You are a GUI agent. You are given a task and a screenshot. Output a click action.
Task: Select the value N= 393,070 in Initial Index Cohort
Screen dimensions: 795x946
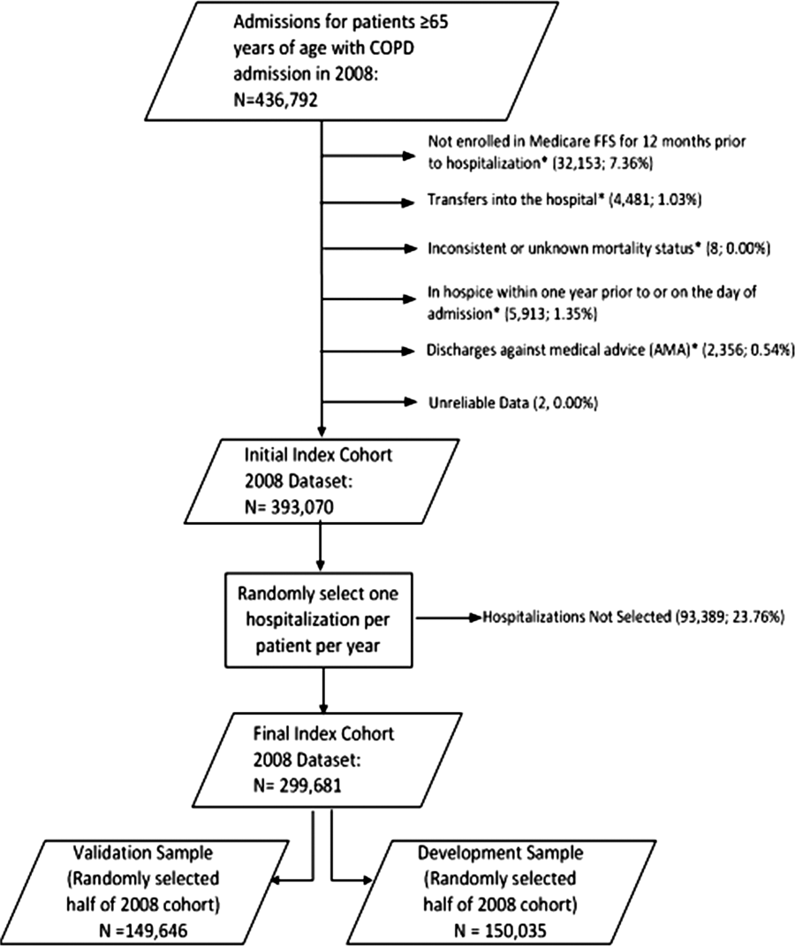[289, 507]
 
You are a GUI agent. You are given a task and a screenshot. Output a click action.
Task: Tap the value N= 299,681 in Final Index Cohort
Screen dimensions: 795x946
[298, 785]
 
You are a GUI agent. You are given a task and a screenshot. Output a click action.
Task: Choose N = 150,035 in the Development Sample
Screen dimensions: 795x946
[499, 931]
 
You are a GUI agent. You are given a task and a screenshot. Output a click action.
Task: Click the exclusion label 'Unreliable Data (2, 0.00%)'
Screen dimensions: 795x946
[512, 403]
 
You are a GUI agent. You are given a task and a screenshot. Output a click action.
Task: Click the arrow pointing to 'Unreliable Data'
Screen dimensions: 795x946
[369, 402]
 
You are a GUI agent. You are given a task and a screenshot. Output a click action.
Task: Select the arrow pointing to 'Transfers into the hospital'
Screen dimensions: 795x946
[369, 203]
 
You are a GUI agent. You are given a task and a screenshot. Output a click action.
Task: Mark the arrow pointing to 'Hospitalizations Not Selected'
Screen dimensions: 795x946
[450, 617]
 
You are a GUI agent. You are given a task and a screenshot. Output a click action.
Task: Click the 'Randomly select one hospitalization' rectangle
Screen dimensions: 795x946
[319, 620]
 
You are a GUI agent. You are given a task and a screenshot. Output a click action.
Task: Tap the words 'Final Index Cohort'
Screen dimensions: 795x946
[323, 734]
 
